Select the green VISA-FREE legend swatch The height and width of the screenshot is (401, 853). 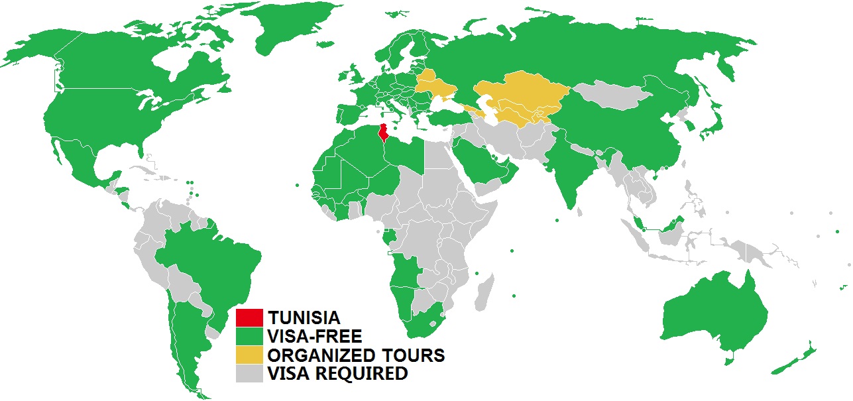tap(251, 336)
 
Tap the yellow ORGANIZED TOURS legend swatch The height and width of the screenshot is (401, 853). tap(251, 355)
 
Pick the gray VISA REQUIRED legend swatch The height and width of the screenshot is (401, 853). tap(251, 374)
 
